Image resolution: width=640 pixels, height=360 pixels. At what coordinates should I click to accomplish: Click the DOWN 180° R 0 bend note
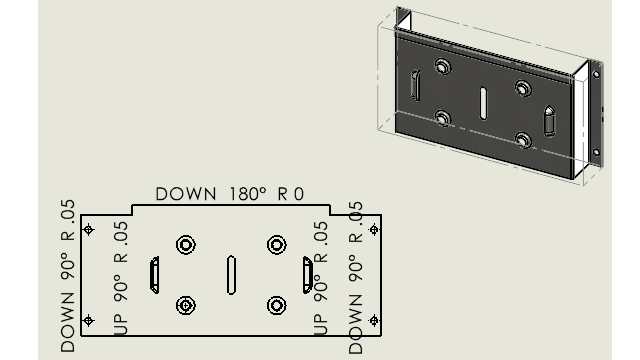point(230,194)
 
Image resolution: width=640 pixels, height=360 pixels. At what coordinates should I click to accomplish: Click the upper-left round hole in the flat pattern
point(186,245)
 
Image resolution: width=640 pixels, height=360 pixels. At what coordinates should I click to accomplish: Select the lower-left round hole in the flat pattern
point(186,305)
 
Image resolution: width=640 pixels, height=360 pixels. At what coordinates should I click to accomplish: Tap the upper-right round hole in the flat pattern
point(277,245)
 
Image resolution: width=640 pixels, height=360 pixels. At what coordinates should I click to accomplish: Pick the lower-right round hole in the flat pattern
point(277,305)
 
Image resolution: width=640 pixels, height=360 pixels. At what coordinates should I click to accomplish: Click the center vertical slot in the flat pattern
point(231,275)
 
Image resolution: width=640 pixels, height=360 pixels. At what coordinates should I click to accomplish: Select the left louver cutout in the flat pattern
point(155,275)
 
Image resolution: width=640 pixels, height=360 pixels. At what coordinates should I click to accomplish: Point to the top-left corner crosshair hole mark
point(89,230)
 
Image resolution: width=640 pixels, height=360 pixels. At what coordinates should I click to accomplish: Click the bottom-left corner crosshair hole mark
point(89,320)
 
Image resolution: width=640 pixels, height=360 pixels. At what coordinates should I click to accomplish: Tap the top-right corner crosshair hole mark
point(374,230)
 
